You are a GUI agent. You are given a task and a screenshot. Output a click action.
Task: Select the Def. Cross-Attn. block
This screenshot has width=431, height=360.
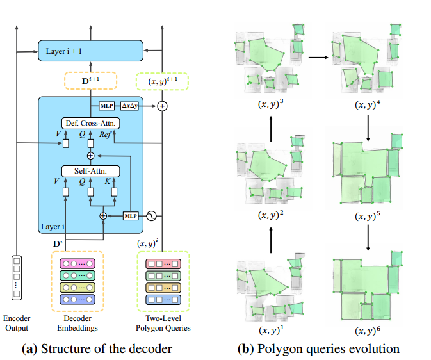tap(90, 122)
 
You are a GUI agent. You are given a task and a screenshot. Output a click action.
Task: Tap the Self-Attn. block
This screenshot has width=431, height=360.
tap(90, 171)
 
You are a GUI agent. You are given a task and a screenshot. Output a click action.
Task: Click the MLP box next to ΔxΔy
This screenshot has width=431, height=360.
tap(106, 106)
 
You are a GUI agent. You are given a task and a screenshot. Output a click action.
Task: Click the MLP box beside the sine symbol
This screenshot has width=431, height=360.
tap(131, 216)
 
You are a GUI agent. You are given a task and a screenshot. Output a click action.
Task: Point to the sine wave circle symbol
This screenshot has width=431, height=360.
tap(152, 216)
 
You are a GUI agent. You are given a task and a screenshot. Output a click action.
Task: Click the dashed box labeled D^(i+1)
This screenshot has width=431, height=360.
tap(90, 81)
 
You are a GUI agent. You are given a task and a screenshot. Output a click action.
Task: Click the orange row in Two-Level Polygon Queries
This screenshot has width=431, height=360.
tap(163, 286)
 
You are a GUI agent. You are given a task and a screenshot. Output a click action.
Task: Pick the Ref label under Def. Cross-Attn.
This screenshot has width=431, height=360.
tap(107, 134)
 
